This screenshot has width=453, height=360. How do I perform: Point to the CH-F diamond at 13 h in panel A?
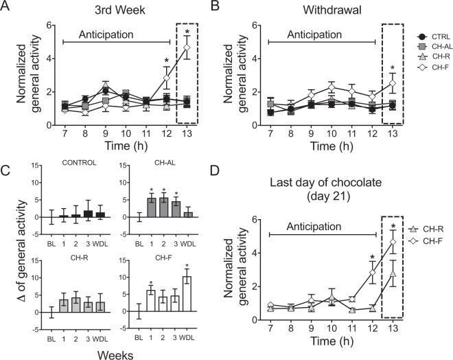tap(186, 47)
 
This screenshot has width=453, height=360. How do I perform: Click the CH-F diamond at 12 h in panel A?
tap(166, 78)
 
